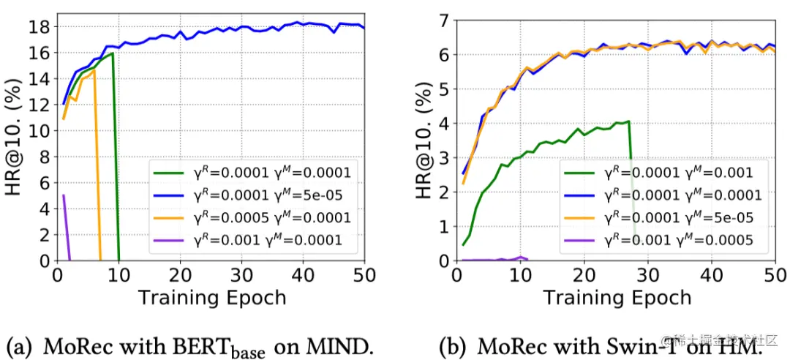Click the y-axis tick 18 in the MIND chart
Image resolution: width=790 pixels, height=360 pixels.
39,27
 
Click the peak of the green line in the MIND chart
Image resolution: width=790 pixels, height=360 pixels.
112,53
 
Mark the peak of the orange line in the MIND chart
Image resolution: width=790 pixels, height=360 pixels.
94,70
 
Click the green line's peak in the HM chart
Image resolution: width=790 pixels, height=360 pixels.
628,121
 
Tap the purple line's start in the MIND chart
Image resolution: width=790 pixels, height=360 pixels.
64,195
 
